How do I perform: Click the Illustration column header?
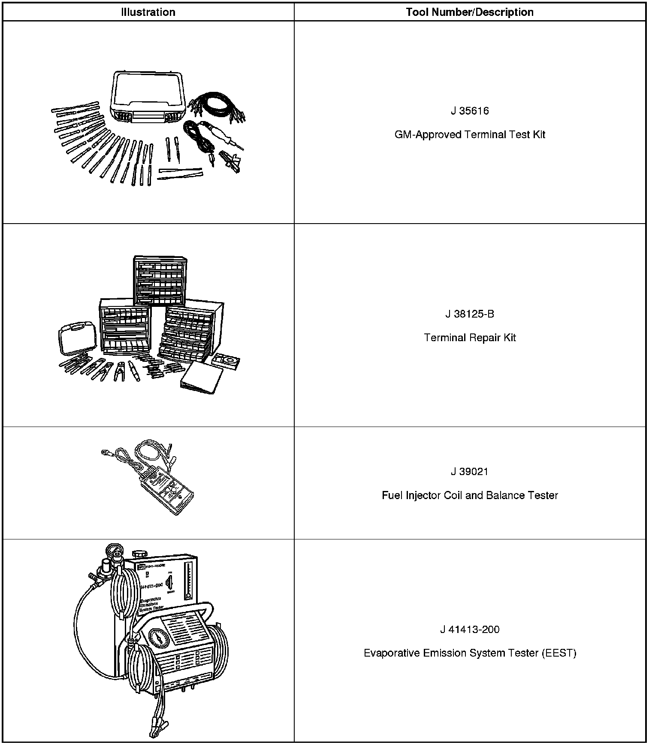coord(148,12)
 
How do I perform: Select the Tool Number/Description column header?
coord(470,12)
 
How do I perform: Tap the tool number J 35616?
coord(470,111)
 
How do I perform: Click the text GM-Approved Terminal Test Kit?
coord(470,135)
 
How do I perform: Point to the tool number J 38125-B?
coord(470,314)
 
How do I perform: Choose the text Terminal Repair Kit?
coord(470,338)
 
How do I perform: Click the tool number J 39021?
coord(470,472)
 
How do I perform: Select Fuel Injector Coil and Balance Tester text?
coord(470,496)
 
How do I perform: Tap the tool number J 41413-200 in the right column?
coord(470,630)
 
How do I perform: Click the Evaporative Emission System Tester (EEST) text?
coord(470,653)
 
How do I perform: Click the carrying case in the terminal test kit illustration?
coord(148,97)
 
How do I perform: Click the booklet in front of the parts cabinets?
coord(202,378)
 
